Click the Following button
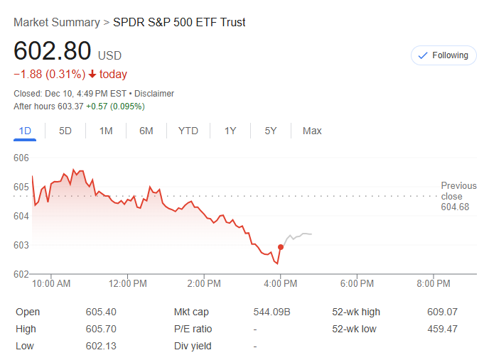point(443,55)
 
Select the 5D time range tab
point(65,131)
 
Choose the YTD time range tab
point(188,131)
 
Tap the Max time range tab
point(312,131)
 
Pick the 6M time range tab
point(146,131)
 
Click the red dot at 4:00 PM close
point(281,247)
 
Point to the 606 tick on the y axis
point(21,158)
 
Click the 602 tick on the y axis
point(21,274)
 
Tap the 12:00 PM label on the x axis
point(129,284)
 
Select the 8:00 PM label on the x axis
point(434,284)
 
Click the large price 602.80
point(53,51)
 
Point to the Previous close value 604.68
point(455,207)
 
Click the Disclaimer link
point(154,94)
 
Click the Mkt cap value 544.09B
point(271,312)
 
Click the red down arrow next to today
point(92,75)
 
